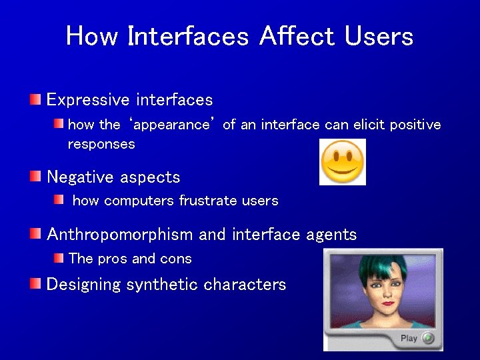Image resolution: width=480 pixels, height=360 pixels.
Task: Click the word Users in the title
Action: [x=379, y=36]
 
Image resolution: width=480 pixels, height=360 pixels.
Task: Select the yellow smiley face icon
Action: [x=343, y=162]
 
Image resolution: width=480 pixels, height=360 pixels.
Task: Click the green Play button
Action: [x=427, y=338]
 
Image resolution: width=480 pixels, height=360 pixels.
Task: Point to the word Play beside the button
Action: [x=409, y=338]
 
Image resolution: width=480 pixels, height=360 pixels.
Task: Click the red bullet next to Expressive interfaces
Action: [x=35, y=100]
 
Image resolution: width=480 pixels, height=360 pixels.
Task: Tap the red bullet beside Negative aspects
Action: [x=35, y=177]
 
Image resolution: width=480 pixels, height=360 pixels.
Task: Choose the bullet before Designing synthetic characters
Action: [x=35, y=284]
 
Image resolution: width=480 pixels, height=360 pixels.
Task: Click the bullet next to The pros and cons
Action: [x=59, y=258]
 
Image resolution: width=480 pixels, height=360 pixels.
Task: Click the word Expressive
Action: [x=88, y=100]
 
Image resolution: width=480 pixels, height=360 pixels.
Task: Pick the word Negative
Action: [x=80, y=177]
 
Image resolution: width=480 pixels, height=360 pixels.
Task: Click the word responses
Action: [x=101, y=144]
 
